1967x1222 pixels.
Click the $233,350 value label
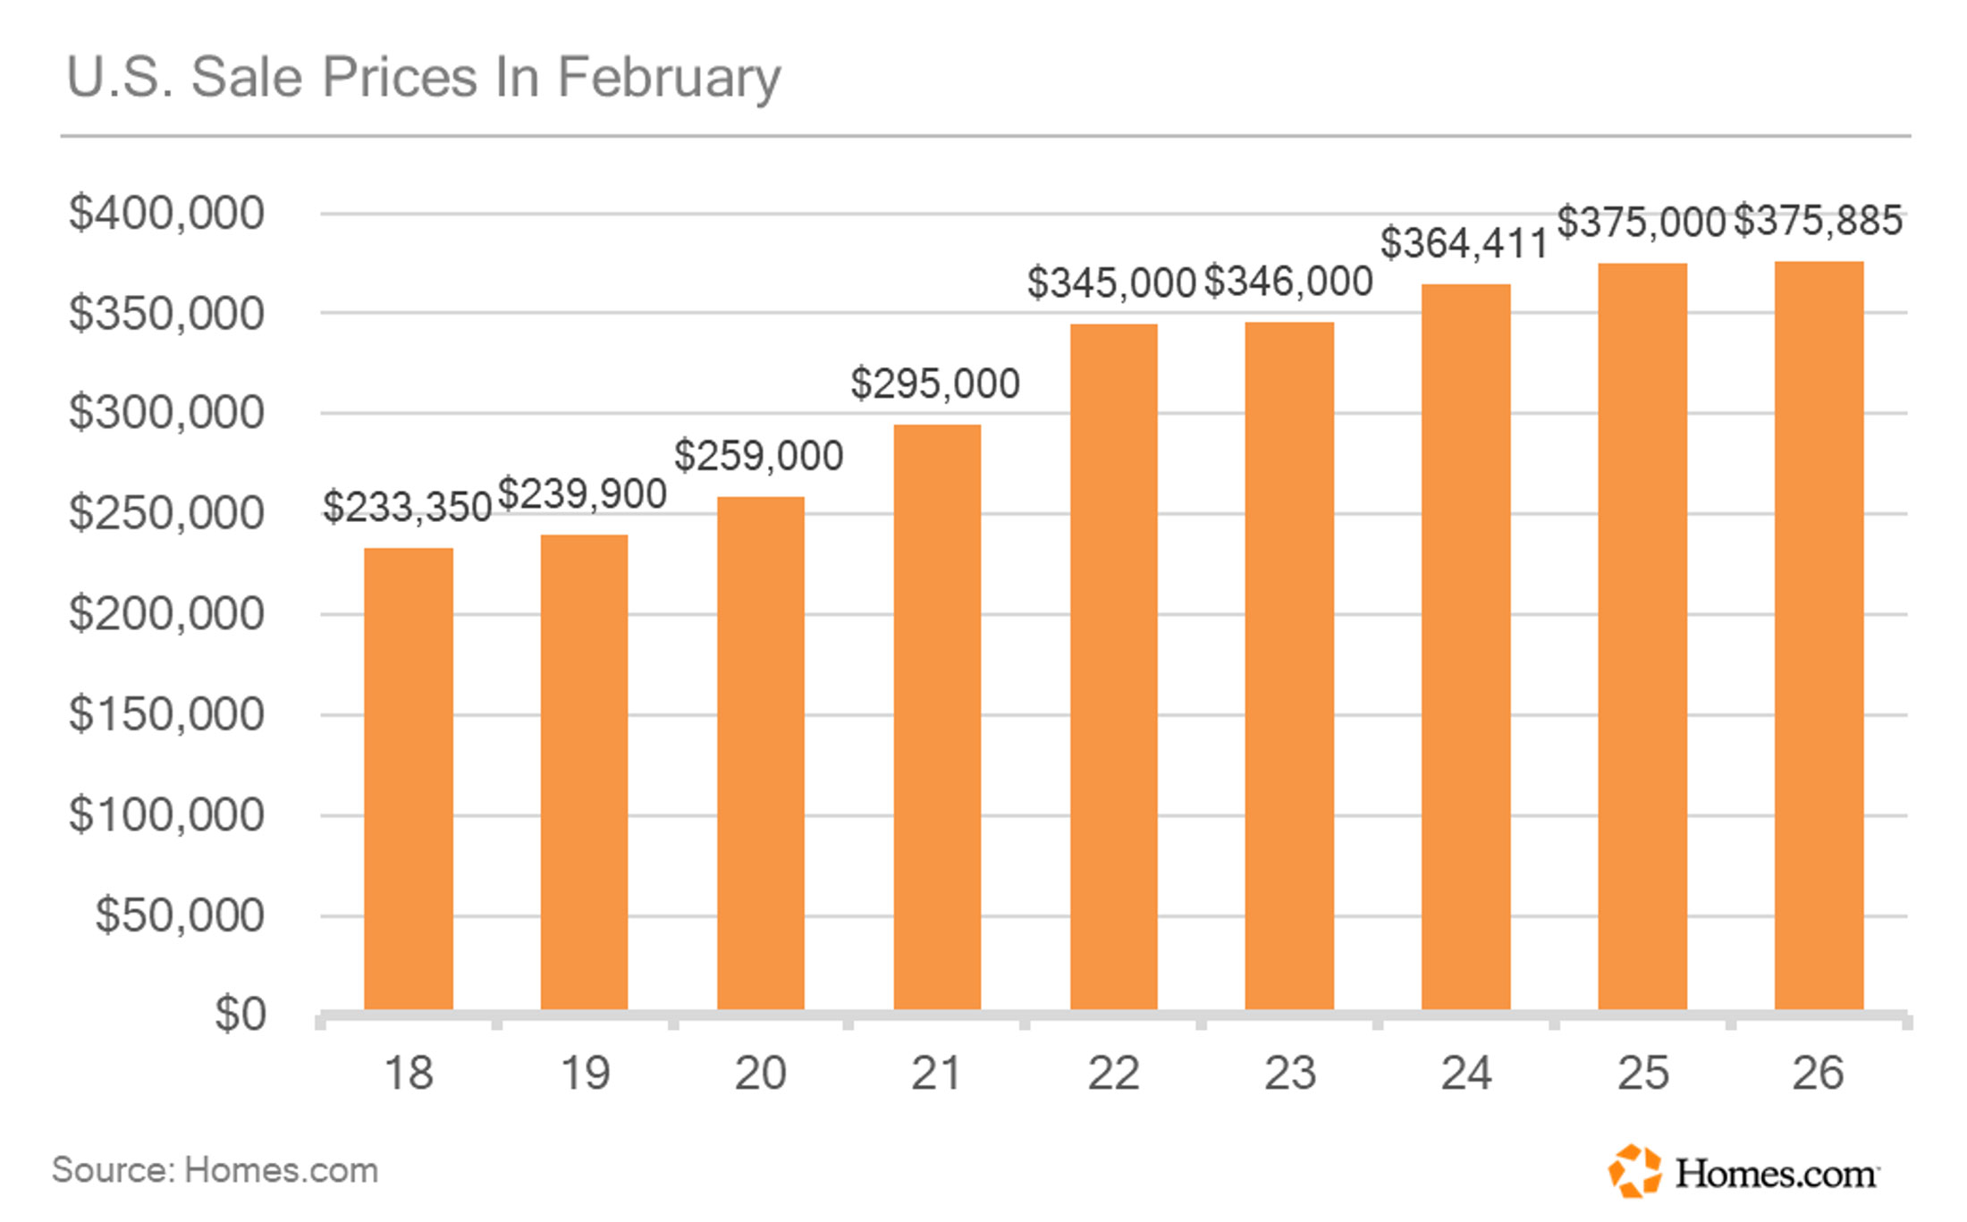pyautogui.click(x=407, y=507)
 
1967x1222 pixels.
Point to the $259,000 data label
pyautogui.click(x=758, y=456)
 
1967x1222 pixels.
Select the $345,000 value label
pyautogui.click(x=1111, y=283)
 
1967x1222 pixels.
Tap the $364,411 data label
pyautogui.click(x=1464, y=243)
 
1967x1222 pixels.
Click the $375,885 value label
pyautogui.click(x=1818, y=221)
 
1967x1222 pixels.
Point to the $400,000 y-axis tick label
pyautogui.click(x=166, y=214)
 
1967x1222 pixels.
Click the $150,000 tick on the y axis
pyautogui.click(x=166, y=714)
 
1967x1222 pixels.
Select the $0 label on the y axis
pyautogui.click(x=240, y=1015)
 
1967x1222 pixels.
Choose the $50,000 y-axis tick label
pyautogui.click(x=180, y=915)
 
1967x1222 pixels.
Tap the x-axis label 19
pyautogui.click(x=585, y=1073)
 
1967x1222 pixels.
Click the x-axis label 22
pyautogui.click(x=1113, y=1073)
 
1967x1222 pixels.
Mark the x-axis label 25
pyautogui.click(x=1642, y=1073)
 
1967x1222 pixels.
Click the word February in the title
pyautogui.click(x=669, y=79)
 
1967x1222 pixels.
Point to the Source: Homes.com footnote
pyautogui.click(x=215, y=1170)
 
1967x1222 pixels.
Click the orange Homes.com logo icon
pyautogui.click(x=1634, y=1170)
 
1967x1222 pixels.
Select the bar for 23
pyautogui.click(x=1289, y=666)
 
